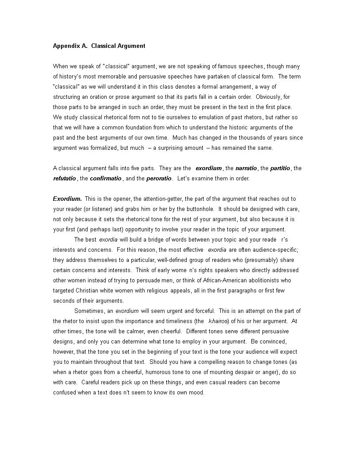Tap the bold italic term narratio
[246, 168]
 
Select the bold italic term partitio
[280, 168]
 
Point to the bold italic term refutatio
[65, 179]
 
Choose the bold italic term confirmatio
[106, 179]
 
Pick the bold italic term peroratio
[159, 179]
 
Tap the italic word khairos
[218, 321]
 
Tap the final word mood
[196, 393]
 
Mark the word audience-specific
[273, 250]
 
